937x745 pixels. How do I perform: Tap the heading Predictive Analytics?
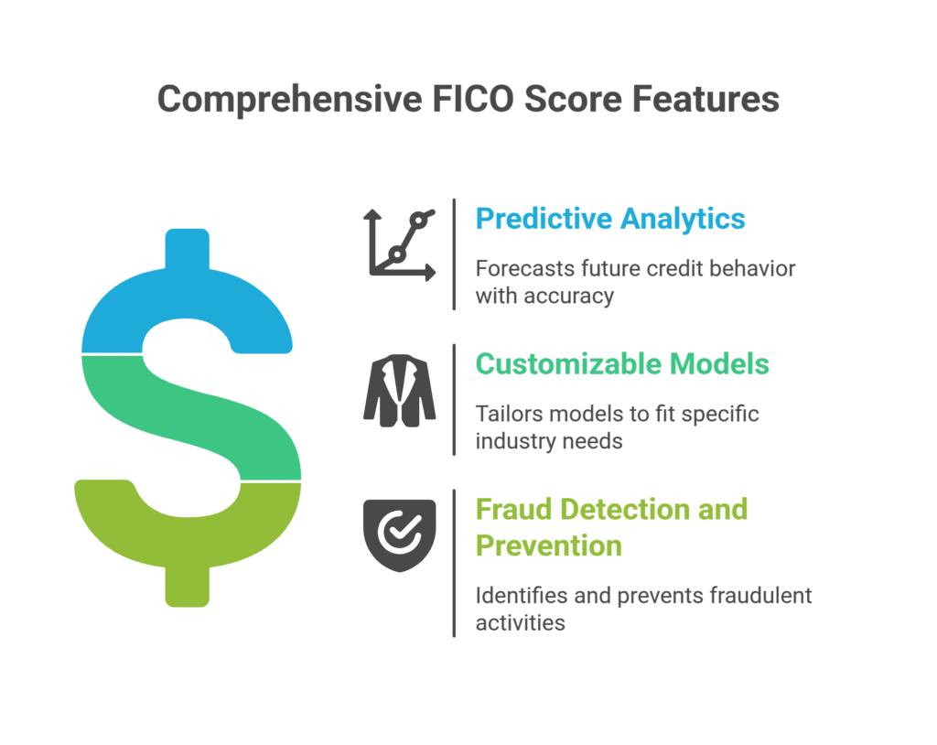coord(610,219)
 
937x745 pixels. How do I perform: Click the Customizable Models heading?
coord(622,363)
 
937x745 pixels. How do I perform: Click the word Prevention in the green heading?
coord(548,545)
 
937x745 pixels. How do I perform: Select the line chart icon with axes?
coord(400,243)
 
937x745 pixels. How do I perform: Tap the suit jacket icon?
coord(400,391)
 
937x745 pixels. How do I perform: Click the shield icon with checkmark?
coord(400,535)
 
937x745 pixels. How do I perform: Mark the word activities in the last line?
coord(520,622)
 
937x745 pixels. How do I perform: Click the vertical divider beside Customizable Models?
coord(454,399)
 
